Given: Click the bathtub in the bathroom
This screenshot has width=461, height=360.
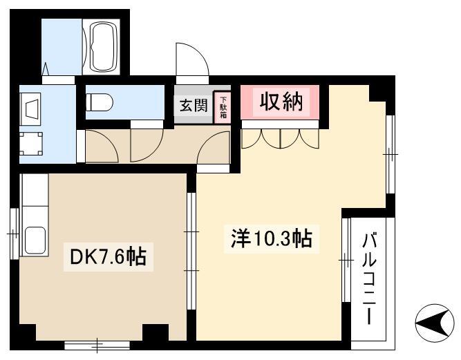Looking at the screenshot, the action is [x=104, y=47].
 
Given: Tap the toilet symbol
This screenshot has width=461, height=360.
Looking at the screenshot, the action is [x=100, y=102].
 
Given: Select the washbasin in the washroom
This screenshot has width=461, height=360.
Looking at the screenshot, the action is [x=30, y=108].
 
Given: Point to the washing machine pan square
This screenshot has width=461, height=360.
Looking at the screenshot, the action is [x=31, y=144].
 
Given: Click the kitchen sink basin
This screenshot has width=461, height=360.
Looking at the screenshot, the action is [x=35, y=240].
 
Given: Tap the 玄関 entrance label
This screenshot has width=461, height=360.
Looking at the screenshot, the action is [x=194, y=105].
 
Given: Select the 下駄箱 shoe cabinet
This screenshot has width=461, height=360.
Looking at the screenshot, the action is [x=223, y=106].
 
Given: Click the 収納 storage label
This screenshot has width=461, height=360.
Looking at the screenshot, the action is [x=281, y=102].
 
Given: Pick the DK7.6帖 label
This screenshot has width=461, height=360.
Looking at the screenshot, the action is [x=109, y=256].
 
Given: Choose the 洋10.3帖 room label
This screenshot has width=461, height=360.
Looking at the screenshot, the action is [x=271, y=238].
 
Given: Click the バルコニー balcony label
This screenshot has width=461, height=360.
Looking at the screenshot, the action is [x=369, y=278].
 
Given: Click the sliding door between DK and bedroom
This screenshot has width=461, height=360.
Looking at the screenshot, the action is [x=191, y=251].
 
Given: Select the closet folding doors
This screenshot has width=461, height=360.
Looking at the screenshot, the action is [x=280, y=139].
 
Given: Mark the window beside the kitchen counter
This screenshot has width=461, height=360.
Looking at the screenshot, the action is [x=14, y=234].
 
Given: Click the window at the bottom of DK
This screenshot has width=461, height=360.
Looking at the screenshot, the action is [x=97, y=345].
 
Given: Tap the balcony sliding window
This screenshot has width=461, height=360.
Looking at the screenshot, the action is [x=347, y=260].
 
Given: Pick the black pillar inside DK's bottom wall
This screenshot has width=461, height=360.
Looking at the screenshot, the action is [x=156, y=332].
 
